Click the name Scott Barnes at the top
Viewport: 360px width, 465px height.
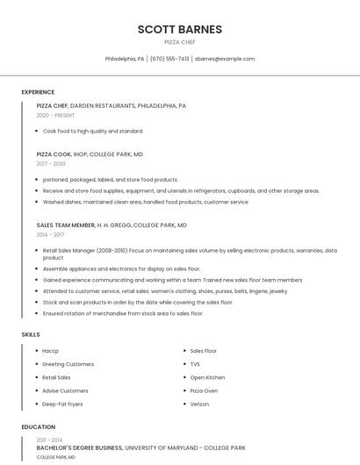[179, 29]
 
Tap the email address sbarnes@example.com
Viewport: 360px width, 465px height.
[225, 59]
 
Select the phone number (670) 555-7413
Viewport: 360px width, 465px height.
[169, 59]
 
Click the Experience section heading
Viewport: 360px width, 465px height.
[38, 92]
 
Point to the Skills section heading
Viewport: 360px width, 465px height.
[31, 334]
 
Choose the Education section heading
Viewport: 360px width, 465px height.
[39, 427]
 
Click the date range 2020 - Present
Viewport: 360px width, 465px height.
[55, 115]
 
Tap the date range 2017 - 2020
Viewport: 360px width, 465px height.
[51, 163]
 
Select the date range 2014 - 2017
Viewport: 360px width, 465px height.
[50, 234]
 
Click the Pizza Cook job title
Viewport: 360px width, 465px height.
[54, 154]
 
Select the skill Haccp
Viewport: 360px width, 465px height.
[50, 351]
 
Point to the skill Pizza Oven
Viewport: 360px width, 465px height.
[204, 390]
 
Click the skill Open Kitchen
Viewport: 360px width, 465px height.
[207, 377]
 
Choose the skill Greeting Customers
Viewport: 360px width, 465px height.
[68, 364]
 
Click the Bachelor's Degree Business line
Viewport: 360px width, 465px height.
[79, 447]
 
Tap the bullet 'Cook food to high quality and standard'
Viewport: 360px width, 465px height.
[92, 131]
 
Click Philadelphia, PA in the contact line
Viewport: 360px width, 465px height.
[125, 59]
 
